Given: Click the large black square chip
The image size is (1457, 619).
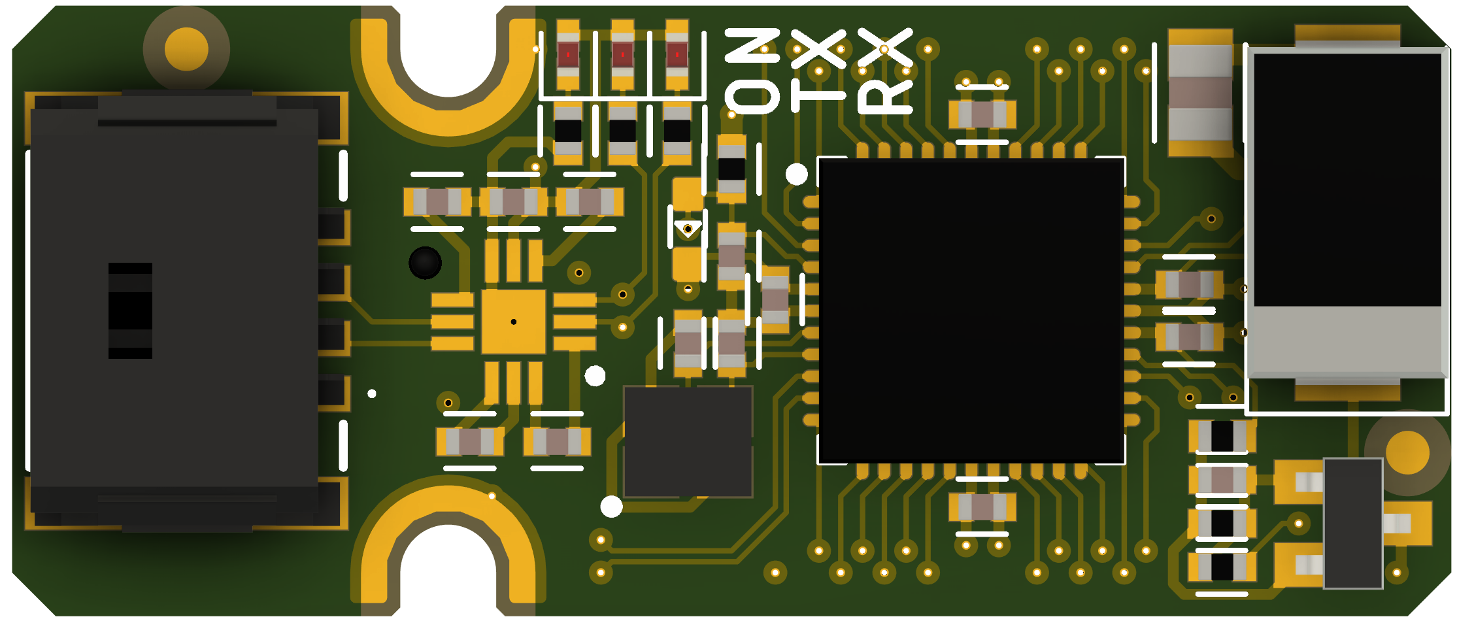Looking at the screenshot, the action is (x=971, y=310).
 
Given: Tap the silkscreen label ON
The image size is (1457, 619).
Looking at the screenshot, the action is (x=752, y=71).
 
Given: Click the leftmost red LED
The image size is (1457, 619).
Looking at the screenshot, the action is (x=568, y=55).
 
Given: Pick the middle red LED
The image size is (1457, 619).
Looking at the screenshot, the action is (x=622, y=55).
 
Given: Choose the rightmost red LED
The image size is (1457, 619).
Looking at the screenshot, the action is (x=677, y=55).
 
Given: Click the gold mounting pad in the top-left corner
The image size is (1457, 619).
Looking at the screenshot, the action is (x=186, y=49).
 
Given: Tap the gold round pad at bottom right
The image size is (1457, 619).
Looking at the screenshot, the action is (x=1407, y=452).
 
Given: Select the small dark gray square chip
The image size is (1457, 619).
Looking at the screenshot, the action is (x=688, y=441).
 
